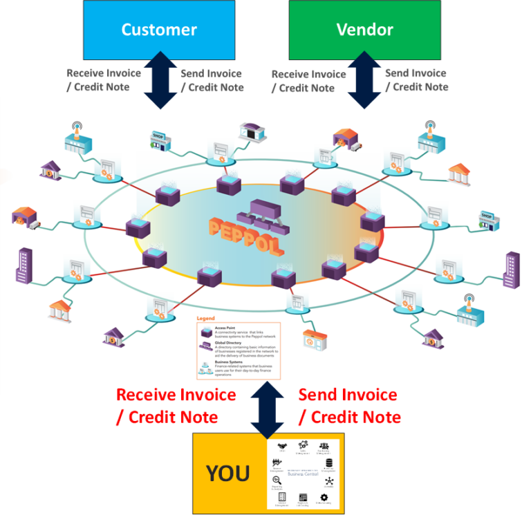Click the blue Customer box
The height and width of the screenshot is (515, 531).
click(x=159, y=30)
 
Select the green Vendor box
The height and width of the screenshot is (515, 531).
click(x=364, y=30)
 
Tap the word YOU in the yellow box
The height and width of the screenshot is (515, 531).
click(x=228, y=474)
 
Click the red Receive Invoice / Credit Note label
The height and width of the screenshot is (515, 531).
click(x=176, y=406)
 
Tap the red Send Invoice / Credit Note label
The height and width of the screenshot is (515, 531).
click(x=349, y=406)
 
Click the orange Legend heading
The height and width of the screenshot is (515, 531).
click(x=206, y=319)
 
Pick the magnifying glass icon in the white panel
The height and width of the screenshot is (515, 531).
click(x=276, y=480)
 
